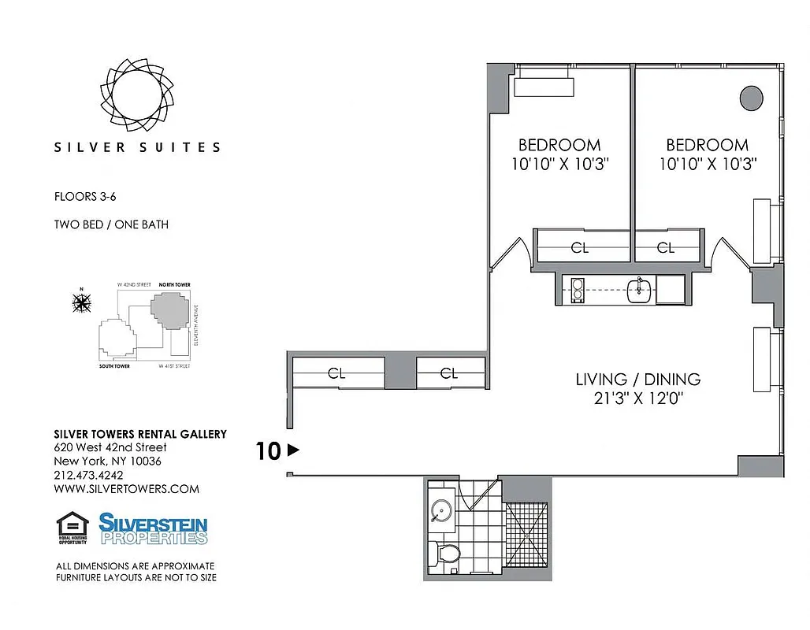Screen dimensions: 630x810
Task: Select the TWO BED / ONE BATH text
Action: [x=111, y=224]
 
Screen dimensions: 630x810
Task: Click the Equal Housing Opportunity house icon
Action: [x=72, y=528]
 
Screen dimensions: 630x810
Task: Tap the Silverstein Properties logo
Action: [x=153, y=528]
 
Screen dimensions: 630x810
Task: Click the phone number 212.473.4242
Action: [x=88, y=475]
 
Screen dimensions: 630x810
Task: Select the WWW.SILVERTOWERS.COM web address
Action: [x=126, y=488]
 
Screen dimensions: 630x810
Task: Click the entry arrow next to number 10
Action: [x=293, y=451]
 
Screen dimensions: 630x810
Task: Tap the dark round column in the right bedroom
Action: [x=751, y=99]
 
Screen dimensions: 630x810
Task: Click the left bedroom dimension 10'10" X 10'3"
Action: [x=559, y=164]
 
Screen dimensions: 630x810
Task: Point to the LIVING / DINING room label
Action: [x=637, y=380]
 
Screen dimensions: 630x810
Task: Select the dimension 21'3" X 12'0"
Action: [x=637, y=398]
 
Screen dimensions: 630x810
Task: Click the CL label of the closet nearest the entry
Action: [x=336, y=373]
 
